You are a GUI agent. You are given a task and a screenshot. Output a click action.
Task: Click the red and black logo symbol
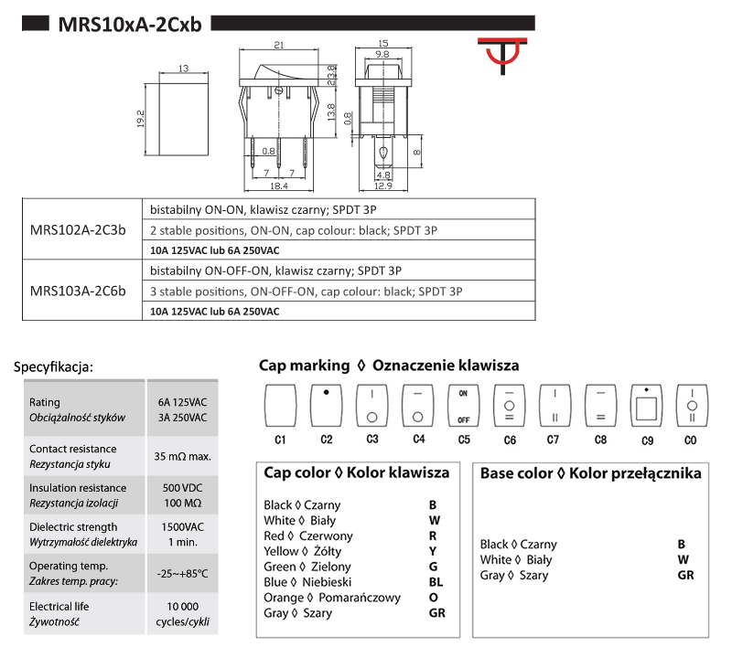[x=502, y=55]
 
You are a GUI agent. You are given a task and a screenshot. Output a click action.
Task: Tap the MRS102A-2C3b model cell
[x=78, y=230]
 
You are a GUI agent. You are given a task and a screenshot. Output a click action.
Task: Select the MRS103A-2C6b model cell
[x=78, y=292]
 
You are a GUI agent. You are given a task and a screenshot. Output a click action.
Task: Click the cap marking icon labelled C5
[x=463, y=406]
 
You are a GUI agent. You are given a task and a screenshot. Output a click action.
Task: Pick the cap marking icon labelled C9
[x=646, y=406]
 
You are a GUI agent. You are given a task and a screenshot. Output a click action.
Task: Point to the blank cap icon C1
[x=280, y=406]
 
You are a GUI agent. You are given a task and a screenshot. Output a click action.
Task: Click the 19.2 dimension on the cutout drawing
[x=141, y=119]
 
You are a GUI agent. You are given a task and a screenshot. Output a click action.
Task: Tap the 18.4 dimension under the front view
[x=279, y=186]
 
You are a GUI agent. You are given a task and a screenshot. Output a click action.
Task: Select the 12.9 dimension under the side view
[x=383, y=186]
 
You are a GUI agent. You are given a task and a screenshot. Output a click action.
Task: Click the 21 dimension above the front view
[x=279, y=45]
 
